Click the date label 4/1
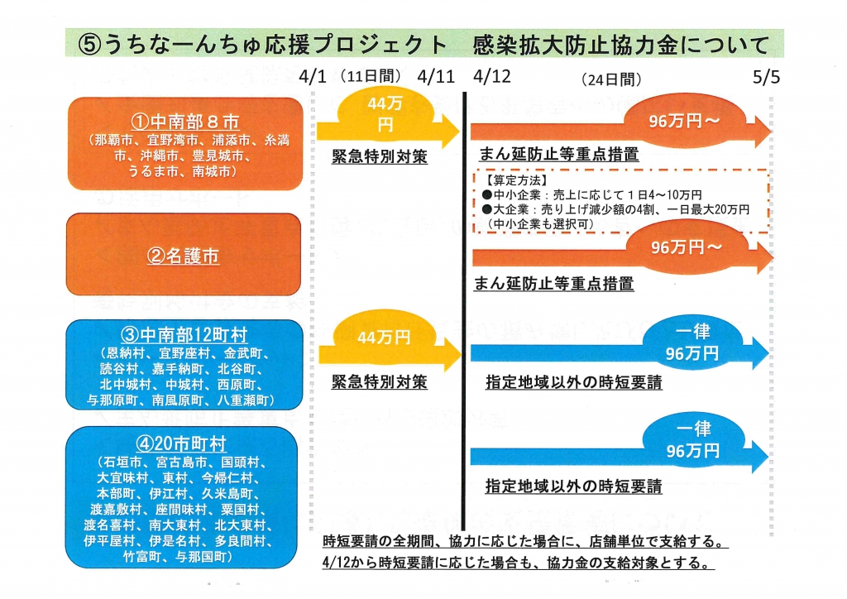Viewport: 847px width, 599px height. coord(313,76)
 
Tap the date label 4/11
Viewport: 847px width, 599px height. coord(436,76)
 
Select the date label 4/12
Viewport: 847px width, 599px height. coord(491,76)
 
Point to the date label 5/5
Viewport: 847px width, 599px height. coord(767,77)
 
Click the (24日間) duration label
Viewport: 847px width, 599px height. coord(611,79)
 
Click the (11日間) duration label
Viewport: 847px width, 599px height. coord(371,75)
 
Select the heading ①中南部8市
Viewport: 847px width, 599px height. coord(184,122)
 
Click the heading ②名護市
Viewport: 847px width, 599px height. coord(183,256)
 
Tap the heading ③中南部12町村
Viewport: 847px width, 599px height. coord(184,335)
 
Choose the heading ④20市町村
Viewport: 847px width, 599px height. coord(181,443)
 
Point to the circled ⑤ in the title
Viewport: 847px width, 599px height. coord(89,45)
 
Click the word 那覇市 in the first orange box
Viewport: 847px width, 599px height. coord(113,141)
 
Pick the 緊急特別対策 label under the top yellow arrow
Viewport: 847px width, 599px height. coord(380,156)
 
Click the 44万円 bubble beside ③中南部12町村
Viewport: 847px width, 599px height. coord(384,337)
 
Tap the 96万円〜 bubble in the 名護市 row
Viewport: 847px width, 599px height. coord(687,247)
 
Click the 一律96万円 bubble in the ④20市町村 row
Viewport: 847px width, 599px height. coord(693,440)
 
